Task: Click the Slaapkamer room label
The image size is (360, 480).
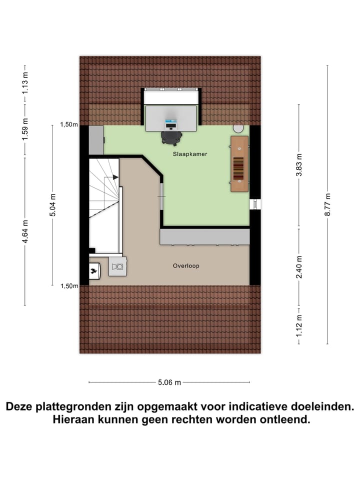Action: click(190, 154)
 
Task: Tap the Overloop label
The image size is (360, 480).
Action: click(186, 266)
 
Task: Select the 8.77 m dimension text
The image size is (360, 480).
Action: click(327, 204)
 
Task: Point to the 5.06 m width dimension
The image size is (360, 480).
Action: click(169, 382)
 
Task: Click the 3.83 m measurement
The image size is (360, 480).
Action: click(299, 164)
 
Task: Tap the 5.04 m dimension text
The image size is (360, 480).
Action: click(52, 205)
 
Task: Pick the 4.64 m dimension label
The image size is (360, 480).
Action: click(25, 231)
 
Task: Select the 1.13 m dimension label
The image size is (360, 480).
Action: click(25, 84)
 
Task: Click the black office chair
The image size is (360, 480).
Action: click(171, 136)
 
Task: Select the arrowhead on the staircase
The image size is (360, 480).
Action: click(115, 177)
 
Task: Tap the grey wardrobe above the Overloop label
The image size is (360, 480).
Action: click(204, 237)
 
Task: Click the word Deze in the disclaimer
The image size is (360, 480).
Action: click(19, 406)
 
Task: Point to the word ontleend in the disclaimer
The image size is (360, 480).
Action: click(283, 420)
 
